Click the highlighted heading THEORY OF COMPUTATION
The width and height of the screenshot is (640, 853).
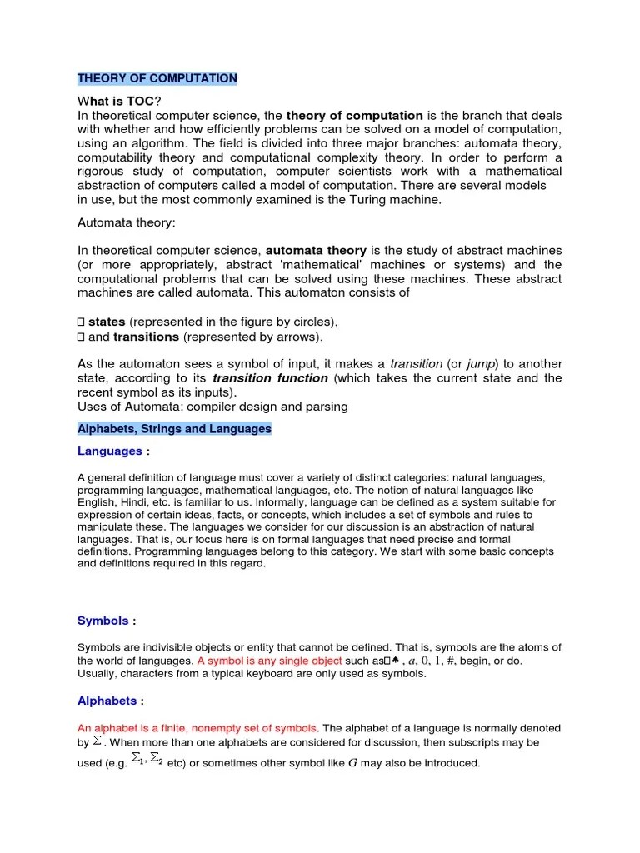point(157,78)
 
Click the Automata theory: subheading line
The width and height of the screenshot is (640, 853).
point(127,223)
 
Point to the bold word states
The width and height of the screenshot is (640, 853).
point(107,322)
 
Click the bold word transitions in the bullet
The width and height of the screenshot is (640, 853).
point(146,337)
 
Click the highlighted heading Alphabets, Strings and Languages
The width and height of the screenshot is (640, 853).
point(174,429)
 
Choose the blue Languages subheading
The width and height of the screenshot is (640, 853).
point(110,451)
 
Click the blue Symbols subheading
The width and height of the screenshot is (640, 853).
point(103,621)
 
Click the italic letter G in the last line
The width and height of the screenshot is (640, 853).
point(352,763)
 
